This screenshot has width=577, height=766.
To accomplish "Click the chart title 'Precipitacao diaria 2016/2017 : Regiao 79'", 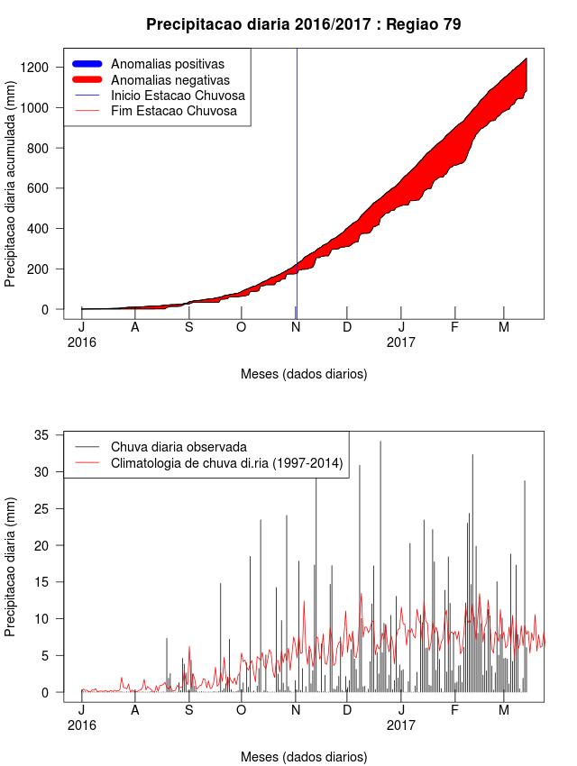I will point(303,25).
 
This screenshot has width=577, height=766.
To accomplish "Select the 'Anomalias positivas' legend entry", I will point(167,64).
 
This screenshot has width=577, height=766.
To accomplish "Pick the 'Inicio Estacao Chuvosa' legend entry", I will point(178,96).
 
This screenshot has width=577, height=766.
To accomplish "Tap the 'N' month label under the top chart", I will point(296,327).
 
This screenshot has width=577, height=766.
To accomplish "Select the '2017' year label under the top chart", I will point(401,342).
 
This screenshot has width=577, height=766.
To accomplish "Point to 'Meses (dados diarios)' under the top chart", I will point(304,374).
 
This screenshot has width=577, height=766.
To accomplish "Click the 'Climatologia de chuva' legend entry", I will point(225,464).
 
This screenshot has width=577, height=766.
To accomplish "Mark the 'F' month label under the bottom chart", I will point(454,710).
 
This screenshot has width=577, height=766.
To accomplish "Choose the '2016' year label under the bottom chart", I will point(81,725).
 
